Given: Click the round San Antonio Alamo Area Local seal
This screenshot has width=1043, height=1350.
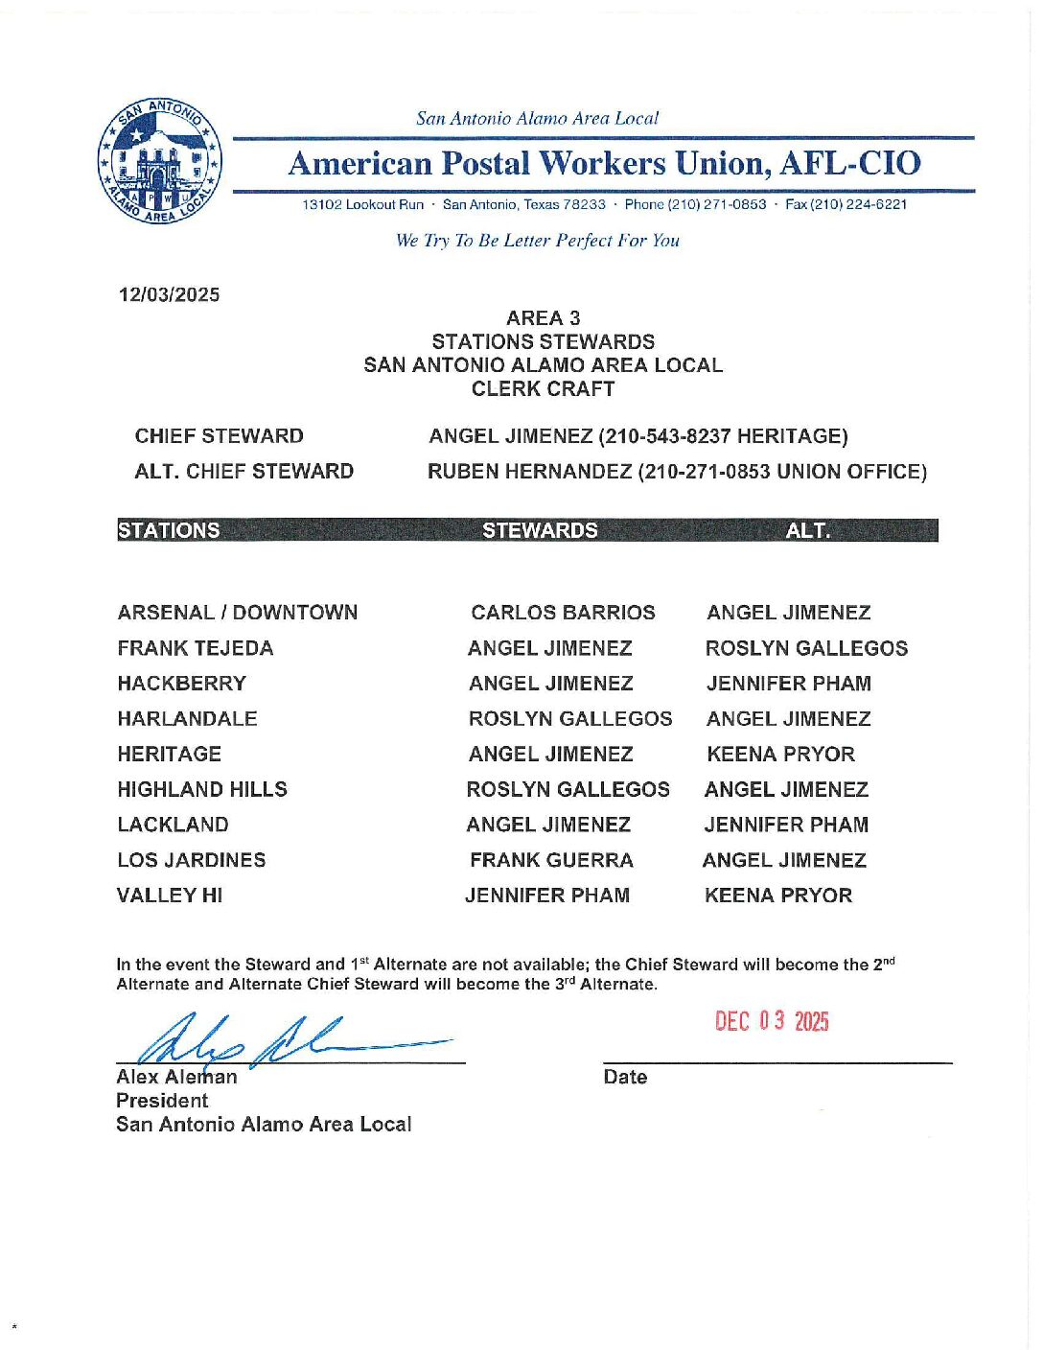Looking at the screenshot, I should tap(161, 161).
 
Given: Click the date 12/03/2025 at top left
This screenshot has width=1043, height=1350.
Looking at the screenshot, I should tap(169, 295).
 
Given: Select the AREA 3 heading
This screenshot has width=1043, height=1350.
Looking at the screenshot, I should tap(543, 318).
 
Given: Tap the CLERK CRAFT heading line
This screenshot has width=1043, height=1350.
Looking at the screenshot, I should tap(543, 389).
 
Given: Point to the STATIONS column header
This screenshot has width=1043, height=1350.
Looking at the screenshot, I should tap(169, 531).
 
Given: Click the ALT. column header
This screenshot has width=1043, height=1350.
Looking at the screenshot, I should tap(808, 531).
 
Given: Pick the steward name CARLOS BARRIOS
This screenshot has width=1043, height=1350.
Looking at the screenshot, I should tap(563, 613).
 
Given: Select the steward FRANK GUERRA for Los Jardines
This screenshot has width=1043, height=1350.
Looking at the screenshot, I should tap(551, 861).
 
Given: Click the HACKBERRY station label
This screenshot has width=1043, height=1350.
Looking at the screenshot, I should tap(181, 684).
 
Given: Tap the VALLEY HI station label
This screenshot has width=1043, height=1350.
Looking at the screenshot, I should tap(170, 896).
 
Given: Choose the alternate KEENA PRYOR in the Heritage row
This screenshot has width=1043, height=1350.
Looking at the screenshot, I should tap(780, 755).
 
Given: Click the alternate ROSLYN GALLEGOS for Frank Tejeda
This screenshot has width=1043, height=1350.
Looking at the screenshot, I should tap(806, 648).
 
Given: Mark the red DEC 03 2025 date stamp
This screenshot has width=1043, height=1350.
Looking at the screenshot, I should tap(772, 1021).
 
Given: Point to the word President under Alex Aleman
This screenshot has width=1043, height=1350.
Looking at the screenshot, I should tap(162, 1101).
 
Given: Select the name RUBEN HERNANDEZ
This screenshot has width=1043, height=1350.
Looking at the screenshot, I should tap(529, 472).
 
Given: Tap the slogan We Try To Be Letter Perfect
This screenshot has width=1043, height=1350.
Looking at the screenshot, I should tap(537, 241).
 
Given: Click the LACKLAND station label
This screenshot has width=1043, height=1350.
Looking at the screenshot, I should tap(173, 826).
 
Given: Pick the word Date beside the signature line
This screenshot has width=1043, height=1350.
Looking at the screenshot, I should tap(625, 1078).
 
